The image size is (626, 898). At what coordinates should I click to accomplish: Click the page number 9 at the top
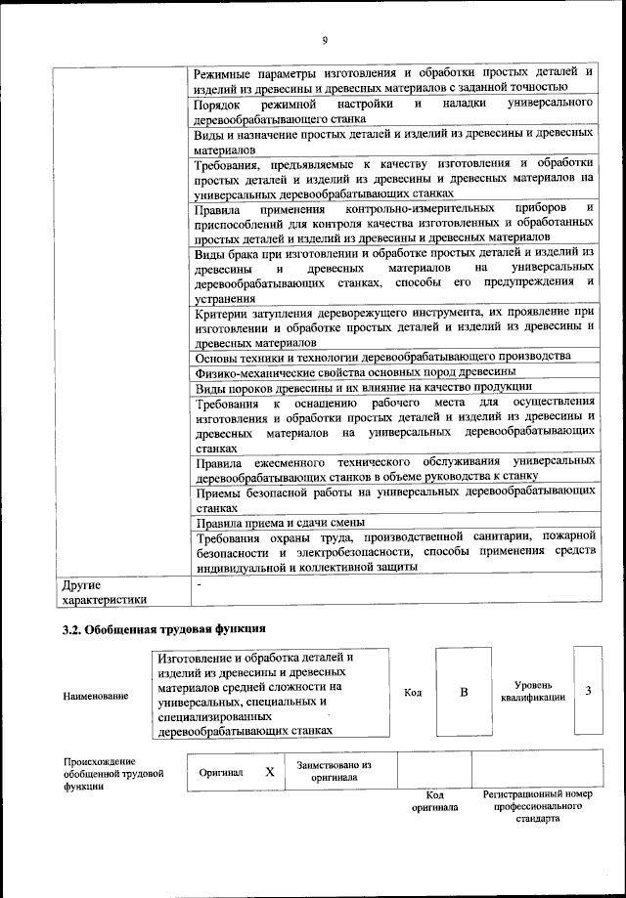[324, 40]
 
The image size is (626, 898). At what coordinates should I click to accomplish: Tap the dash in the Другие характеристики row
[199, 584]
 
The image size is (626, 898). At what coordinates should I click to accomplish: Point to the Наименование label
[95, 696]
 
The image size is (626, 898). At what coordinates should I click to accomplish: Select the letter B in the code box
[465, 692]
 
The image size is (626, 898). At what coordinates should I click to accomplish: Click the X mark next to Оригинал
[269, 771]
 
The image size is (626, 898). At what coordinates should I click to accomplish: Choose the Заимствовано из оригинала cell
[327, 771]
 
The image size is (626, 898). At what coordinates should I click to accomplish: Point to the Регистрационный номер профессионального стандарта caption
[538, 807]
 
